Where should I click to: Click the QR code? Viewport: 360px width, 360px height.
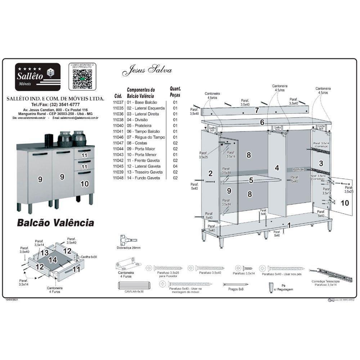[82, 78]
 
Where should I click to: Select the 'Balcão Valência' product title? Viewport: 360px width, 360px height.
[55, 223]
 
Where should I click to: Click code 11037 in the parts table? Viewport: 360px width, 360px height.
[118, 102]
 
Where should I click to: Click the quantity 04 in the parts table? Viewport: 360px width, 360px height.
[175, 166]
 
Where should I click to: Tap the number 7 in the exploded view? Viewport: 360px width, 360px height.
[257, 111]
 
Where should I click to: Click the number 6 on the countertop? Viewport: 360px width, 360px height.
[262, 122]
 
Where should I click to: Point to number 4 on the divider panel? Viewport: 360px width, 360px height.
[277, 168]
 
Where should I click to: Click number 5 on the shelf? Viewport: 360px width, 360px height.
[251, 180]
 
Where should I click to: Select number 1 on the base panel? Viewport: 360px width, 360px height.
[289, 225]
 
